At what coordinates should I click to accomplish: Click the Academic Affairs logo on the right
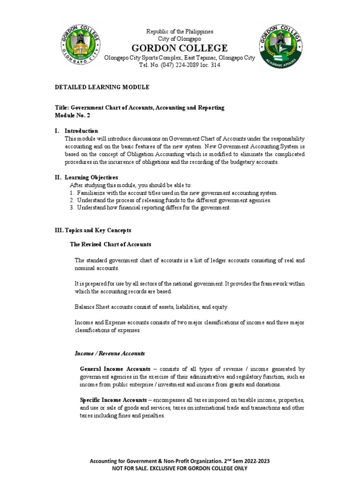click(x=280, y=47)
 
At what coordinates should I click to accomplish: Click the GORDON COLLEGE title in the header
click(x=180, y=48)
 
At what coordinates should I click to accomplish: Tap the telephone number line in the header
click(x=180, y=65)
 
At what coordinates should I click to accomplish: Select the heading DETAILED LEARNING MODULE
click(x=102, y=87)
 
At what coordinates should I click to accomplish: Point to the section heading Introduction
click(x=82, y=131)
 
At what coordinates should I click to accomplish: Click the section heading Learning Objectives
click(x=91, y=177)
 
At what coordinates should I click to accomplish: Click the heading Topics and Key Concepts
click(x=93, y=230)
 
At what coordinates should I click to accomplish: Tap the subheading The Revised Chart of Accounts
click(x=111, y=244)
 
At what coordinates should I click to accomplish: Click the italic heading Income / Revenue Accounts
click(x=110, y=353)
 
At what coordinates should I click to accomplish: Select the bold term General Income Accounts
click(x=115, y=369)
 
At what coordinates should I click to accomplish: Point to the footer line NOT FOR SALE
click(x=180, y=468)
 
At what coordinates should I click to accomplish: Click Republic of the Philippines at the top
click(x=180, y=31)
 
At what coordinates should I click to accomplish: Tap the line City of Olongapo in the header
click(x=180, y=39)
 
